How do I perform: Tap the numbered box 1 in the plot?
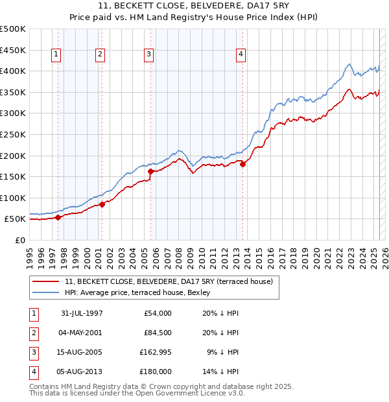57,55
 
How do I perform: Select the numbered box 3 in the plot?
149,55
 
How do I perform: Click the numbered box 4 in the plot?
241,55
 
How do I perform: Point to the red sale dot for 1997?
58,218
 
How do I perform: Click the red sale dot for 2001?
102,205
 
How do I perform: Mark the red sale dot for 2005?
151,172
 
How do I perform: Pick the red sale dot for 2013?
243,164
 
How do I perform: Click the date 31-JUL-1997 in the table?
82,313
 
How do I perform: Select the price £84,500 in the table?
156,333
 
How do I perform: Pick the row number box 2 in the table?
32,333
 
